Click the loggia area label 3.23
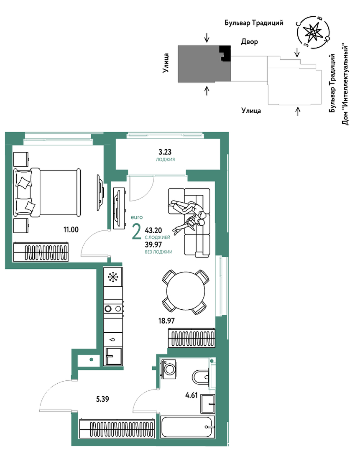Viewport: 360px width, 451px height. point(165,152)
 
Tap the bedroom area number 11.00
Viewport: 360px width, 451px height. point(71,229)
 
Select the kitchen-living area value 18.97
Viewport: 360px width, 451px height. point(166,321)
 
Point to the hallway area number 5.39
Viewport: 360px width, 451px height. point(102,399)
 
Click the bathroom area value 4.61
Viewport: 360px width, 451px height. point(191,395)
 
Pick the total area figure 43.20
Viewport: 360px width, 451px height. point(153,230)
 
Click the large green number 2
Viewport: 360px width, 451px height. point(136,232)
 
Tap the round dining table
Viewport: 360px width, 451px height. point(186,291)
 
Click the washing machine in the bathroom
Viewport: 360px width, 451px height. point(169,369)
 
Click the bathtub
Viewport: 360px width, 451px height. point(188,427)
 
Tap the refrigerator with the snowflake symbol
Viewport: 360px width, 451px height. point(113,277)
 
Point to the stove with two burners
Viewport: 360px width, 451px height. point(113,308)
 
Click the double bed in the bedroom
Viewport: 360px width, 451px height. point(47,192)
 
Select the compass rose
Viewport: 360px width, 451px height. point(314,32)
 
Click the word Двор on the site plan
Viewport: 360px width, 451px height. point(249,42)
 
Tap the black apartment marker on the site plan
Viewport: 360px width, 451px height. point(225,53)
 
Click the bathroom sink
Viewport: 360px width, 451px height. point(208,403)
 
